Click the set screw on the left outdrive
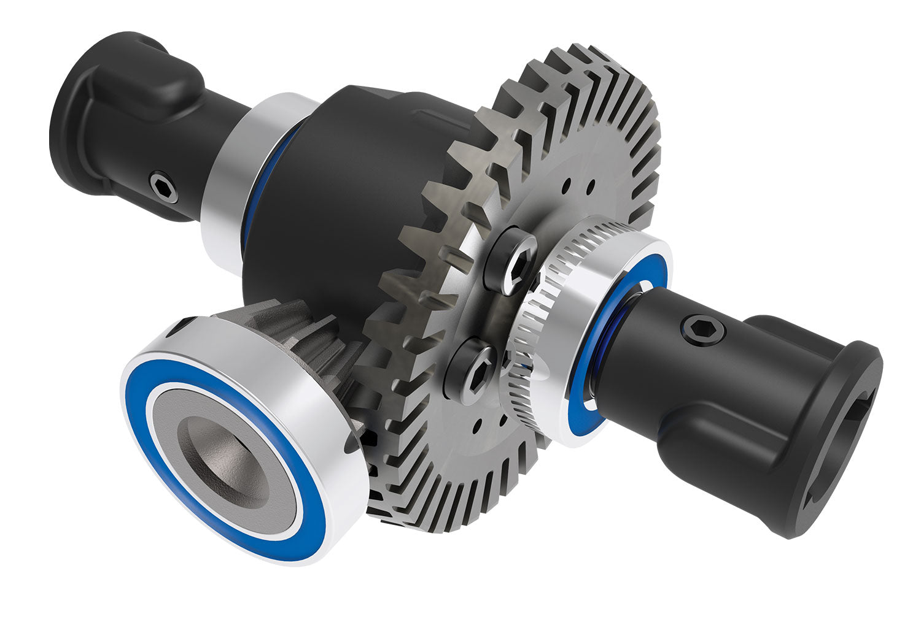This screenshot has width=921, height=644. click(165, 185)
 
